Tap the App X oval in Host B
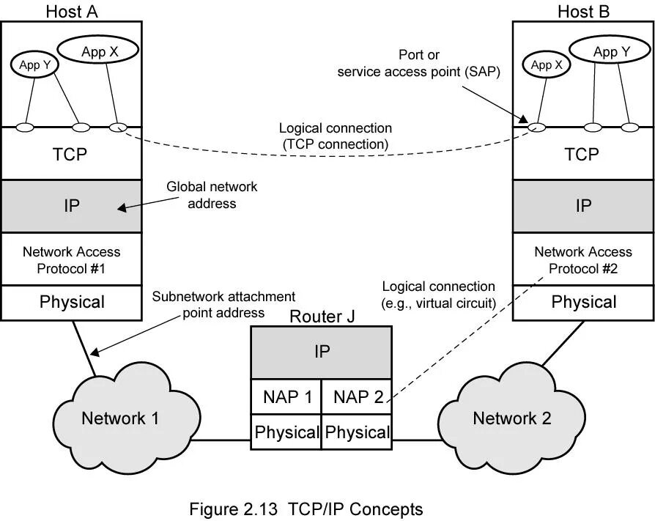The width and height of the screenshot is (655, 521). [x=547, y=65]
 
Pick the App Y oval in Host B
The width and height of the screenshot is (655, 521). [x=610, y=51]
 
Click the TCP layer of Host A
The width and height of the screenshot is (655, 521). [x=70, y=155]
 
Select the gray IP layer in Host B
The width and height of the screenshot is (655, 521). [x=583, y=206]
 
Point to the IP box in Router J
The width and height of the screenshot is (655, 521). [x=322, y=352]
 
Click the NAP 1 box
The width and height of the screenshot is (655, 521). [x=287, y=397]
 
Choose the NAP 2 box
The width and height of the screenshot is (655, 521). [x=358, y=397]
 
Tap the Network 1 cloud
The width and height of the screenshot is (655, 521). [x=119, y=418]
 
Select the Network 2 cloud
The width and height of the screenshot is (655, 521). [x=511, y=418]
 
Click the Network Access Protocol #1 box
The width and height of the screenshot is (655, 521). [x=71, y=260]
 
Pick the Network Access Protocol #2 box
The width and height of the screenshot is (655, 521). [x=583, y=260]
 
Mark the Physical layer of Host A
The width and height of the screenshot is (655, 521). [x=71, y=302]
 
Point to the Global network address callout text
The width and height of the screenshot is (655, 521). [x=212, y=196]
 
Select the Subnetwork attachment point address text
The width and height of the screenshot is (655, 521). [x=223, y=305]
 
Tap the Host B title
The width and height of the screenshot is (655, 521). [x=583, y=11]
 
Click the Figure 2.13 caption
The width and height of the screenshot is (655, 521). [x=306, y=509]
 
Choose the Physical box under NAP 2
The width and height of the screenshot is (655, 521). [x=358, y=432]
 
